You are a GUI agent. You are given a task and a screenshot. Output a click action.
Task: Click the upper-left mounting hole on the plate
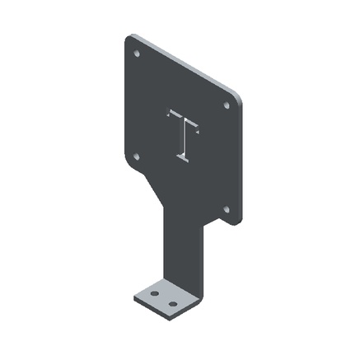point(137,54)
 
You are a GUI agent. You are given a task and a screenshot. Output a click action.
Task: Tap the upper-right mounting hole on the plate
point(227,105)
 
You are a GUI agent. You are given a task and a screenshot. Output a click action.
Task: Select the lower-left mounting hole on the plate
point(137,157)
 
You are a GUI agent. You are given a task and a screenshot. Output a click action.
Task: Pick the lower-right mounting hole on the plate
point(227,208)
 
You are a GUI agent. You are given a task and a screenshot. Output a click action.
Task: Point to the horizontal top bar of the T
point(183,120)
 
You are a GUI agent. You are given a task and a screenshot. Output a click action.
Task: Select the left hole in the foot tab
point(154,292)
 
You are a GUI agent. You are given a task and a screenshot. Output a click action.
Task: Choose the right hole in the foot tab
point(173,304)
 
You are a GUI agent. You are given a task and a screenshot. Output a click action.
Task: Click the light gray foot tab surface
point(164,297)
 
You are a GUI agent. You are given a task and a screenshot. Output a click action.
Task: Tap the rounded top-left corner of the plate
point(129,40)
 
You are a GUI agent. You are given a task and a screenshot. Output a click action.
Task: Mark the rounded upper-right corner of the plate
point(239,97)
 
